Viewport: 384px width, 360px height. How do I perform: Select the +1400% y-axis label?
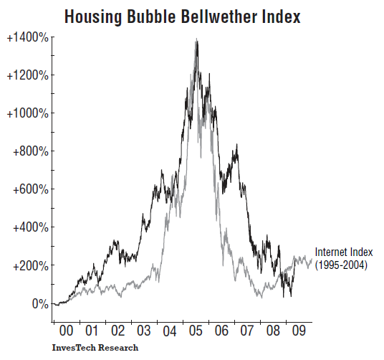click(x=27, y=37)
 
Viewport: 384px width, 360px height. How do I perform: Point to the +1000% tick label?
click(x=27, y=113)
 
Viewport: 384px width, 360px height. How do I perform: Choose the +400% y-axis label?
click(x=29, y=227)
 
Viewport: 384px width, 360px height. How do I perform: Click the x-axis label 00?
click(x=67, y=332)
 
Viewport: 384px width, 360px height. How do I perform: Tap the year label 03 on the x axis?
click(x=144, y=332)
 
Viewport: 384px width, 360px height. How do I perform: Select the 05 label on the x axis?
click(x=195, y=332)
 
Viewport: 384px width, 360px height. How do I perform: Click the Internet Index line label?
click(x=344, y=252)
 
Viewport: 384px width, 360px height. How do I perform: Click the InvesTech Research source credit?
click(x=95, y=348)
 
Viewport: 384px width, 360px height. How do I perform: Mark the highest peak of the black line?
click(x=196, y=40)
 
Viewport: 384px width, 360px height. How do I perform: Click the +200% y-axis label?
click(x=29, y=265)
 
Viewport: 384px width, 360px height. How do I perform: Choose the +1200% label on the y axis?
click(x=27, y=75)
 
